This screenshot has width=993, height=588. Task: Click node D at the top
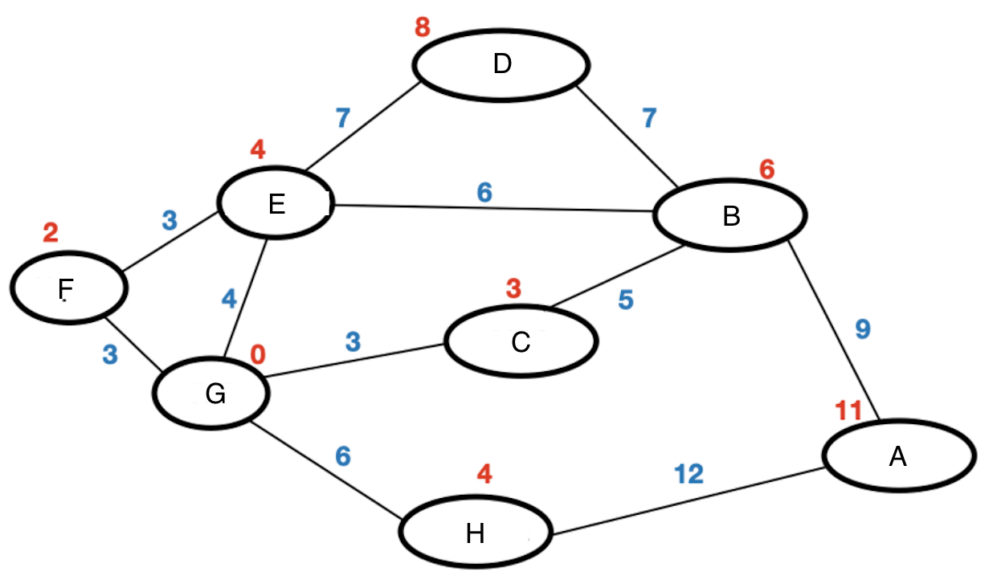pyautogui.click(x=501, y=64)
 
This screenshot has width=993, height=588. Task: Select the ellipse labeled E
pyautogui.click(x=276, y=204)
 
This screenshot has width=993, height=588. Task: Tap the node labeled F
pyautogui.click(x=69, y=288)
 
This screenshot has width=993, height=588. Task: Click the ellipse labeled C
pyautogui.click(x=521, y=341)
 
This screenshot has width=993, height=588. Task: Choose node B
pyautogui.click(x=730, y=215)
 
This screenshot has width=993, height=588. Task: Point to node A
pyautogui.click(x=898, y=455)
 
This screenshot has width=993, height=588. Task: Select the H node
pyautogui.click(x=476, y=533)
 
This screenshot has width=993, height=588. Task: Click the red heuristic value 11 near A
pyautogui.click(x=848, y=410)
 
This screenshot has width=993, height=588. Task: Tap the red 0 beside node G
pyautogui.click(x=258, y=353)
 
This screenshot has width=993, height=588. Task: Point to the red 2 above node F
pyautogui.click(x=51, y=233)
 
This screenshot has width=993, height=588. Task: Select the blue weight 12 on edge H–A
pyautogui.click(x=689, y=474)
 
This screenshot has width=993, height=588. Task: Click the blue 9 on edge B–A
pyautogui.click(x=862, y=329)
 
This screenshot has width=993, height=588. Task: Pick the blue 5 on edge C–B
pyautogui.click(x=625, y=300)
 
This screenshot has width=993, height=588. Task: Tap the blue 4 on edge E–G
pyautogui.click(x=230, y=299)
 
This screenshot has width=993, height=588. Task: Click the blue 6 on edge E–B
pyautogui.click(x=484, y=192)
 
